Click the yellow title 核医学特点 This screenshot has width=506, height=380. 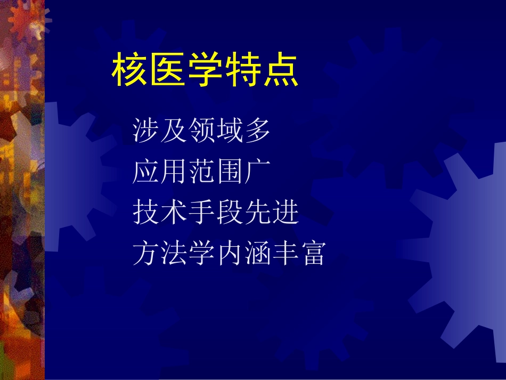tap(205, 71)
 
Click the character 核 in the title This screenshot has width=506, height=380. tap(130, 71)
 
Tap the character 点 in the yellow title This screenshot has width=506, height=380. tap(280, 71)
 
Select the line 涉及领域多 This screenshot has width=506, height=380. tap(202, 131)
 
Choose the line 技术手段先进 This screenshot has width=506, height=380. tap(216, 213)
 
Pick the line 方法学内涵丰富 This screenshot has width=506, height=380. tap(229, 254)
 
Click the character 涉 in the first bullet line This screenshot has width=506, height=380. tap(146, 131)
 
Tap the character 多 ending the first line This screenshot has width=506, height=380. tap(257, 131)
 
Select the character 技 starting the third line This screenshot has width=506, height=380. tap(146, 213)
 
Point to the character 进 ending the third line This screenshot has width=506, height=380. tap(285, 213)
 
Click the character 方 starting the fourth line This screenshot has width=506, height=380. tap(146, 254)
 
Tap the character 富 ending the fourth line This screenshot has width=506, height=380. tap(313, 254)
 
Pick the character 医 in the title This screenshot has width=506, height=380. tap(167, 71)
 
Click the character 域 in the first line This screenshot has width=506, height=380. tap(230, 131)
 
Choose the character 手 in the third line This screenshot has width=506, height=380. tap(202, 213)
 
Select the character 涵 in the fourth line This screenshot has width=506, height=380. tap(257, 254)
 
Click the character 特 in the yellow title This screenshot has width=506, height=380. tap(243, 71)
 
